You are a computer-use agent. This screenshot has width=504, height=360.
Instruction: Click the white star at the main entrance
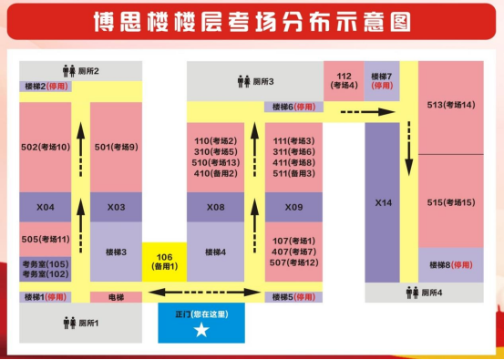(x=201, y=330)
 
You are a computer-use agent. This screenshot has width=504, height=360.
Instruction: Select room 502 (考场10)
(x=45, y=147)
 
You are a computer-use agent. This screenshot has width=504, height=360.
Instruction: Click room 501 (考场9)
(x=116, y=147)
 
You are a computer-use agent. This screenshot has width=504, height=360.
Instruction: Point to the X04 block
(x=45, y=207)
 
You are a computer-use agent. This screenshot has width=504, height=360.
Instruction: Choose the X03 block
(x=116, y=207)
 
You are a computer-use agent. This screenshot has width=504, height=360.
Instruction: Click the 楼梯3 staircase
(x=116, y=252)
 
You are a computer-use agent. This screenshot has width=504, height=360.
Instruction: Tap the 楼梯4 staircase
(x=215, y=252)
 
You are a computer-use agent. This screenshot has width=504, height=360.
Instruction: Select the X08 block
(x=215, y=207)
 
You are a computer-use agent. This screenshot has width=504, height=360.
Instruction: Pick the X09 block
(x=293, y=207)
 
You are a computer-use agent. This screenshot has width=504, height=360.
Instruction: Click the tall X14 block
(x=382, y=202)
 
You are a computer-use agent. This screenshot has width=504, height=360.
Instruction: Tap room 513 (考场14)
(x=451, y=106)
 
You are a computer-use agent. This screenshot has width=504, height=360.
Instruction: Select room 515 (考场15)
(x=451, y=201)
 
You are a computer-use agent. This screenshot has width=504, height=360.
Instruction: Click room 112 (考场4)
(x=343, y=80)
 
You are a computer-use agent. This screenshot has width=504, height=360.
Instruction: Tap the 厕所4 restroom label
(x=426, y=293)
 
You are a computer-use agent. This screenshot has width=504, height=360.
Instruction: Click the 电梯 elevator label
(x=116, y=297)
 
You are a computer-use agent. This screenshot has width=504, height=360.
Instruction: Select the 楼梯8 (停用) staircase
(x=451, y=265)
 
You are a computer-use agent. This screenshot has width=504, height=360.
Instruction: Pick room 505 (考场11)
(x=45, y=240)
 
